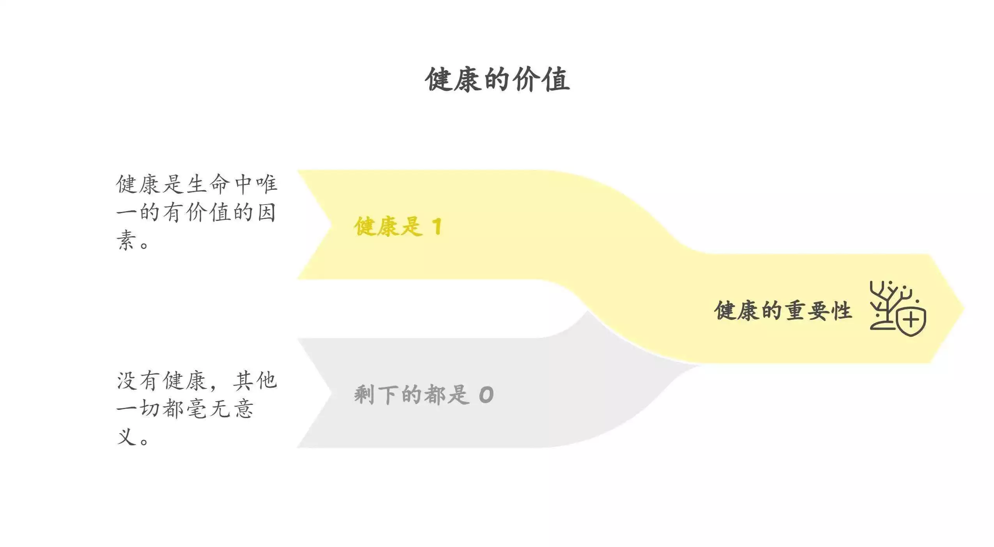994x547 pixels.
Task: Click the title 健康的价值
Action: (497, 80)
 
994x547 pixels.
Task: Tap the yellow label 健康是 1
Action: (398, 226)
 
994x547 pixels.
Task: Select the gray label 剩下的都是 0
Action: (424, 395)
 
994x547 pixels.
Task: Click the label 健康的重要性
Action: (783, 311)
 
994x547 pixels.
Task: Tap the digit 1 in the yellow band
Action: (437, 226)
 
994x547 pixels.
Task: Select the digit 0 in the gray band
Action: (486, 395)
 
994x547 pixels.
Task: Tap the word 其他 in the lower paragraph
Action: (255, 380)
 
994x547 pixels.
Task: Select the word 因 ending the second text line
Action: (266, 212)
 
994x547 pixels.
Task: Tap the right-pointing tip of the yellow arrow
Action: (964, 309)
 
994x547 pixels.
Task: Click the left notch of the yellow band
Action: (331, 225)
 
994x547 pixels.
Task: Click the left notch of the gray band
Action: (331, 393)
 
